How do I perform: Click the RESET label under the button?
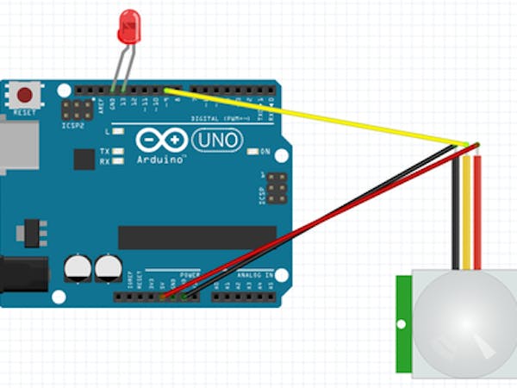tap(25, 112)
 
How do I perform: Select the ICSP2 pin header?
tap(78, 110)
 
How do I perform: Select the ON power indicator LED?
tap(252, 151)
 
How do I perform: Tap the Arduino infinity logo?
tap(161, 140)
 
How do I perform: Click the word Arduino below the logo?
tap(161, 160)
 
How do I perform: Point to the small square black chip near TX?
tap(84, 159)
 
